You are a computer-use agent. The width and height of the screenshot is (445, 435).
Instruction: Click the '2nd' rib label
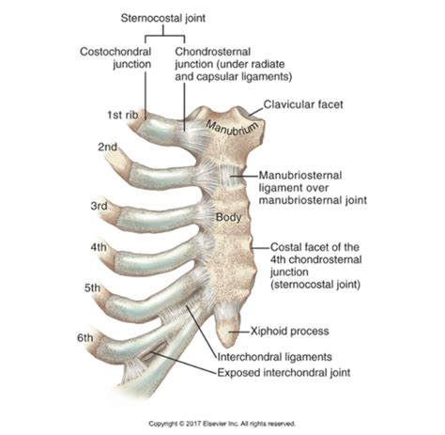(107, 148)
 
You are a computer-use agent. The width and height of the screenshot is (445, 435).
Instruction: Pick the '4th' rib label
(99, 248)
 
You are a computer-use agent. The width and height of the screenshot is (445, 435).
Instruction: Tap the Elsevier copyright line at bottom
(222, 424)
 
